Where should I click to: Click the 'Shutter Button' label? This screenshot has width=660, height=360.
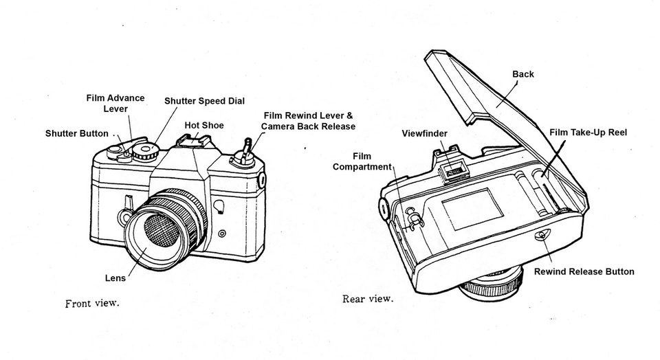76,133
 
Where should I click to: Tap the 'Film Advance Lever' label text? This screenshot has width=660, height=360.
115,103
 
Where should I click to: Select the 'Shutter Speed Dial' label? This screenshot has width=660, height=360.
204,101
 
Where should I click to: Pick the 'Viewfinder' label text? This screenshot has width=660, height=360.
424,133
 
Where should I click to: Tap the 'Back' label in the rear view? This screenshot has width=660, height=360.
523,74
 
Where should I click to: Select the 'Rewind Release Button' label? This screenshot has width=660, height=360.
584,271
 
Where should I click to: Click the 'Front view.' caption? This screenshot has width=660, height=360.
91,303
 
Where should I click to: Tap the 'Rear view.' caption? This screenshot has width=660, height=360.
368,299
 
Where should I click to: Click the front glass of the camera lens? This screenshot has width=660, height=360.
160,232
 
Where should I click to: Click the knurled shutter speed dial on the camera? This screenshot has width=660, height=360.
146,151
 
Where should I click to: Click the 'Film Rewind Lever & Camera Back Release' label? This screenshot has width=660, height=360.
308,121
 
